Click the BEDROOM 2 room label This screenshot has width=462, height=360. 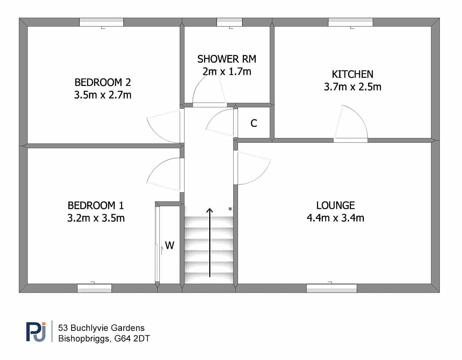103,83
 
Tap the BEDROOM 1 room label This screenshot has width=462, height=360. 96,205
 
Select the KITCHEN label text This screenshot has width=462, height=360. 352,75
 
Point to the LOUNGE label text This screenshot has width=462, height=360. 335,205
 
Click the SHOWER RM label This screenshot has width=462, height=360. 227,59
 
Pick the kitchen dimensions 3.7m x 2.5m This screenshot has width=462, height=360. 352,87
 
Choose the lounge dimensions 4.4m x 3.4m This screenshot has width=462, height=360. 335,218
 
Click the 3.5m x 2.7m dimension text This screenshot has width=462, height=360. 103,95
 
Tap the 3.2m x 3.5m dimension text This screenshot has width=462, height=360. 96,218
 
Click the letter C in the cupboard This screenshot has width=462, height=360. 254,123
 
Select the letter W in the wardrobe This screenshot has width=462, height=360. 170,245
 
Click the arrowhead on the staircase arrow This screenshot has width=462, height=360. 210,210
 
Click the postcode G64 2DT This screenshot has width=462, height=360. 132,339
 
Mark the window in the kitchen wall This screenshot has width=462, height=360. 351,22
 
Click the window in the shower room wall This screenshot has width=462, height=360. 230,22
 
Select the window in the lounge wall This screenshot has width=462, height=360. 331,288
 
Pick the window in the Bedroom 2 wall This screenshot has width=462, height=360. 101,22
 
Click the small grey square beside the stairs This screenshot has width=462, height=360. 230,209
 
